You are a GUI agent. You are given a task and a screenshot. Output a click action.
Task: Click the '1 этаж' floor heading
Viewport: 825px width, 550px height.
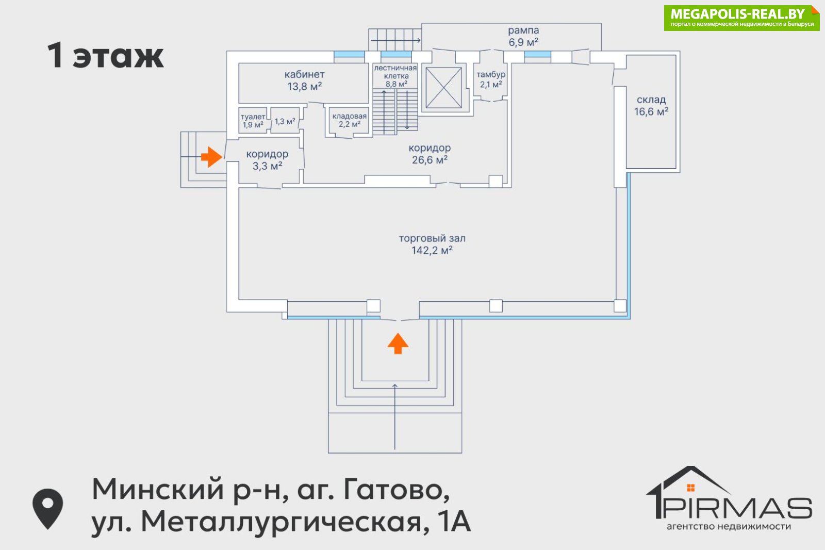click(x=106, y=56)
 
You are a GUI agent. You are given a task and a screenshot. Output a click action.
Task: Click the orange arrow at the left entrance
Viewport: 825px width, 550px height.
click(x=211, y=156)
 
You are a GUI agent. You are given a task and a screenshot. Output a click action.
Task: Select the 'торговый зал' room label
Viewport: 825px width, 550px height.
click(x=432, y=238)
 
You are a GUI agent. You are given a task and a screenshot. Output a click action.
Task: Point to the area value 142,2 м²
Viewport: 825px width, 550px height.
click(x=432, y=251)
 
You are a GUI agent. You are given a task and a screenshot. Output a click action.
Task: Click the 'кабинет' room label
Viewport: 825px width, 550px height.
click(x=304, y=74)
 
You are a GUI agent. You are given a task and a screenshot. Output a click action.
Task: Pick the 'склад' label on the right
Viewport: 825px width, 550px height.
click(x=651, y=100)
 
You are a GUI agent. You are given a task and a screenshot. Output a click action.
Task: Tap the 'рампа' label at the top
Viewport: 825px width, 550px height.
click(x=523, y=30)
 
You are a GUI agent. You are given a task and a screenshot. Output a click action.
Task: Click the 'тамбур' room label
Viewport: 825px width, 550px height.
click(x=491, y=74)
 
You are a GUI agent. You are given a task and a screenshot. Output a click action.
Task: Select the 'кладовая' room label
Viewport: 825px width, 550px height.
click(x=350, y=116)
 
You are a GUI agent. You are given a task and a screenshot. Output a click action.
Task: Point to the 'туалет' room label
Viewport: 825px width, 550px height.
click(x=253, y=117)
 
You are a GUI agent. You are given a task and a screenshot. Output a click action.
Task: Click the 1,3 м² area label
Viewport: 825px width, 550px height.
click(x=285, y=122)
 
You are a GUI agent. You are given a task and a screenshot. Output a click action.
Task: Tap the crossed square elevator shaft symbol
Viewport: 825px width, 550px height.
click(x=443, y=88)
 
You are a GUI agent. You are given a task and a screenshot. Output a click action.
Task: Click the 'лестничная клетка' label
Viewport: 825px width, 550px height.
click(x=395, y=72)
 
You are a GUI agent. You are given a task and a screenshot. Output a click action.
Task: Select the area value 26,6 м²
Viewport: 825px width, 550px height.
click(x=430, y=160)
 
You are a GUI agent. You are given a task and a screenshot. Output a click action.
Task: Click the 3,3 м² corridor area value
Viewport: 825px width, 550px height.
click(x=267, y=166)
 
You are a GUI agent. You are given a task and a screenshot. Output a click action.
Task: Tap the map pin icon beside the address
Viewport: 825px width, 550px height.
click(x=47, y=508)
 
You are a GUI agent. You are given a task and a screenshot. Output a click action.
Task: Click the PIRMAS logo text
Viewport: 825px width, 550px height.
click(x=737, y=508)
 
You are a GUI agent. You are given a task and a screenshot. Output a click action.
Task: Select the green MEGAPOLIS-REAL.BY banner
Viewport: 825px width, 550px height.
click(x=741, y=18)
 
